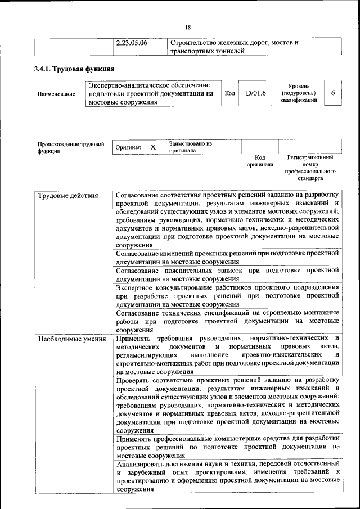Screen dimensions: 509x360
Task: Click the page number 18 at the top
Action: (188, 28)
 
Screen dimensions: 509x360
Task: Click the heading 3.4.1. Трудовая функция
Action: (76, 69)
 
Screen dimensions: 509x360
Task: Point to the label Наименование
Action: (56, 94)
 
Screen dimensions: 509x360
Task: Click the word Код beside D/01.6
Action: (229, 93)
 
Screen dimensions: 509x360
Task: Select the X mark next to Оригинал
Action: (153, 147)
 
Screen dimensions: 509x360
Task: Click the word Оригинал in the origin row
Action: (128, 147)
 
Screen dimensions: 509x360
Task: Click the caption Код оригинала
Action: (259, 161)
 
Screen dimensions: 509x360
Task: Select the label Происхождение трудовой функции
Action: (71, 147)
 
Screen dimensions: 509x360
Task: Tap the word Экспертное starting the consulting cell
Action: (136, 287)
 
